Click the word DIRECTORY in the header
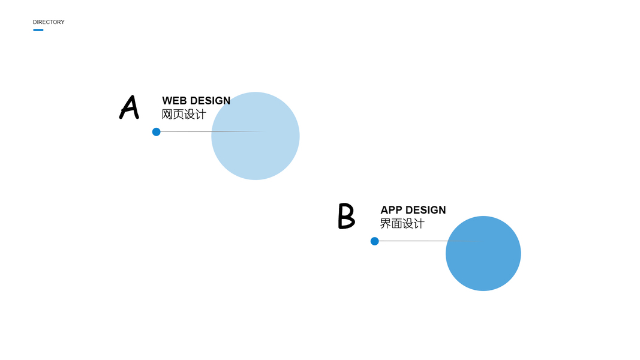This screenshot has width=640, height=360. (x=49, y=22)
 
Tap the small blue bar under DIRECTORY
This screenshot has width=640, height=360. (x=38, y=30)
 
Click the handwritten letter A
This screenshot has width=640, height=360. (x=129, y=107)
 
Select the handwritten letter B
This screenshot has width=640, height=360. (x=346, y=216)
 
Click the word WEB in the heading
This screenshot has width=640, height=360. (x=175, y=101)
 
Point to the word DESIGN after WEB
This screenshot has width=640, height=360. (x=210, y=101)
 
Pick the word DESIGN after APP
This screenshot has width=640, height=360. (x=426, y=210)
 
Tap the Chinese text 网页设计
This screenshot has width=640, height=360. (x=184, y=114)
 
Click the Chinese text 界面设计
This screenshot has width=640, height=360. (x=402, y=224)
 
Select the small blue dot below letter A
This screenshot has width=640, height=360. (x=157, y=132)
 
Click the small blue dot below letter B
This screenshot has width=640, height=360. (x=375, y=241)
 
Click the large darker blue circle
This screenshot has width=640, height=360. (x=483, y=258)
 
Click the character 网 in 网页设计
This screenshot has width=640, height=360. (x=167, y=114)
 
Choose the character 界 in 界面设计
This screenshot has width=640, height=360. (x=386, y=224)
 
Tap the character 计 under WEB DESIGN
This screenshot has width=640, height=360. (x=200, y=114)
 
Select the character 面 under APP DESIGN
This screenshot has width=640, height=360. (x=396, y=224)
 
